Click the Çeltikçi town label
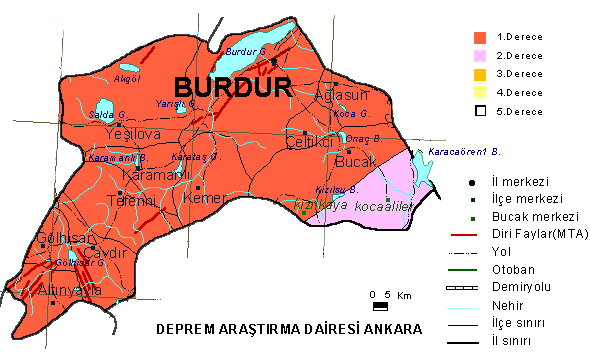pyautogui.click(x=310, y=142)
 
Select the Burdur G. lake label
pyautogui.click(x=246, y=51)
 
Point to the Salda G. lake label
pyautogui.click(x=106, y=115)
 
